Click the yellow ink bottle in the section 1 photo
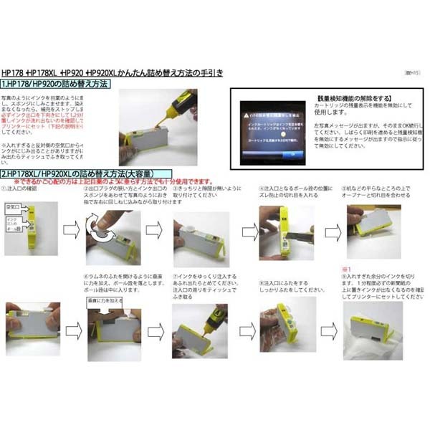(176, 105)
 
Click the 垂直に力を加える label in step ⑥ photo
(102, 303)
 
